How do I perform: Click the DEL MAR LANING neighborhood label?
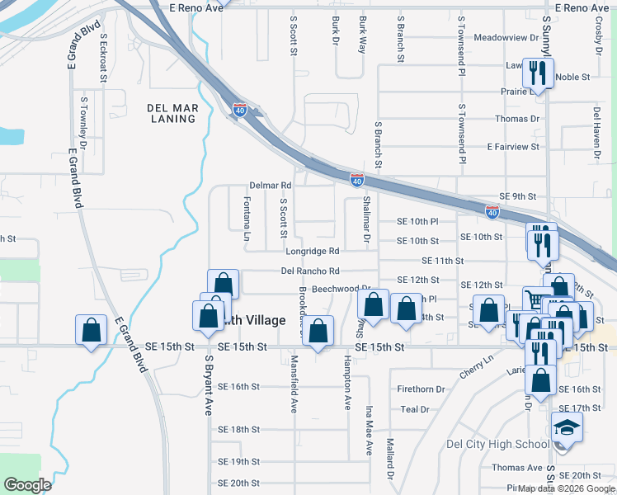172,113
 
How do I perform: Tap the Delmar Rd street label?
271,186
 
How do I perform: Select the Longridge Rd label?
313,251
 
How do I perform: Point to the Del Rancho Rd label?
310,271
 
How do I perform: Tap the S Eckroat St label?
103,58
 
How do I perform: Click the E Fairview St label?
512,147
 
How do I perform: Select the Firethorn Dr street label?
421,389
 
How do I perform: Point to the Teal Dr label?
414,409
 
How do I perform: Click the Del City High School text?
497,444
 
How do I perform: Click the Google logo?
27,484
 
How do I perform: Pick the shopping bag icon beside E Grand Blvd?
92,330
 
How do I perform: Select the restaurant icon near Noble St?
539,74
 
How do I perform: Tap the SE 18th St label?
238,430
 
